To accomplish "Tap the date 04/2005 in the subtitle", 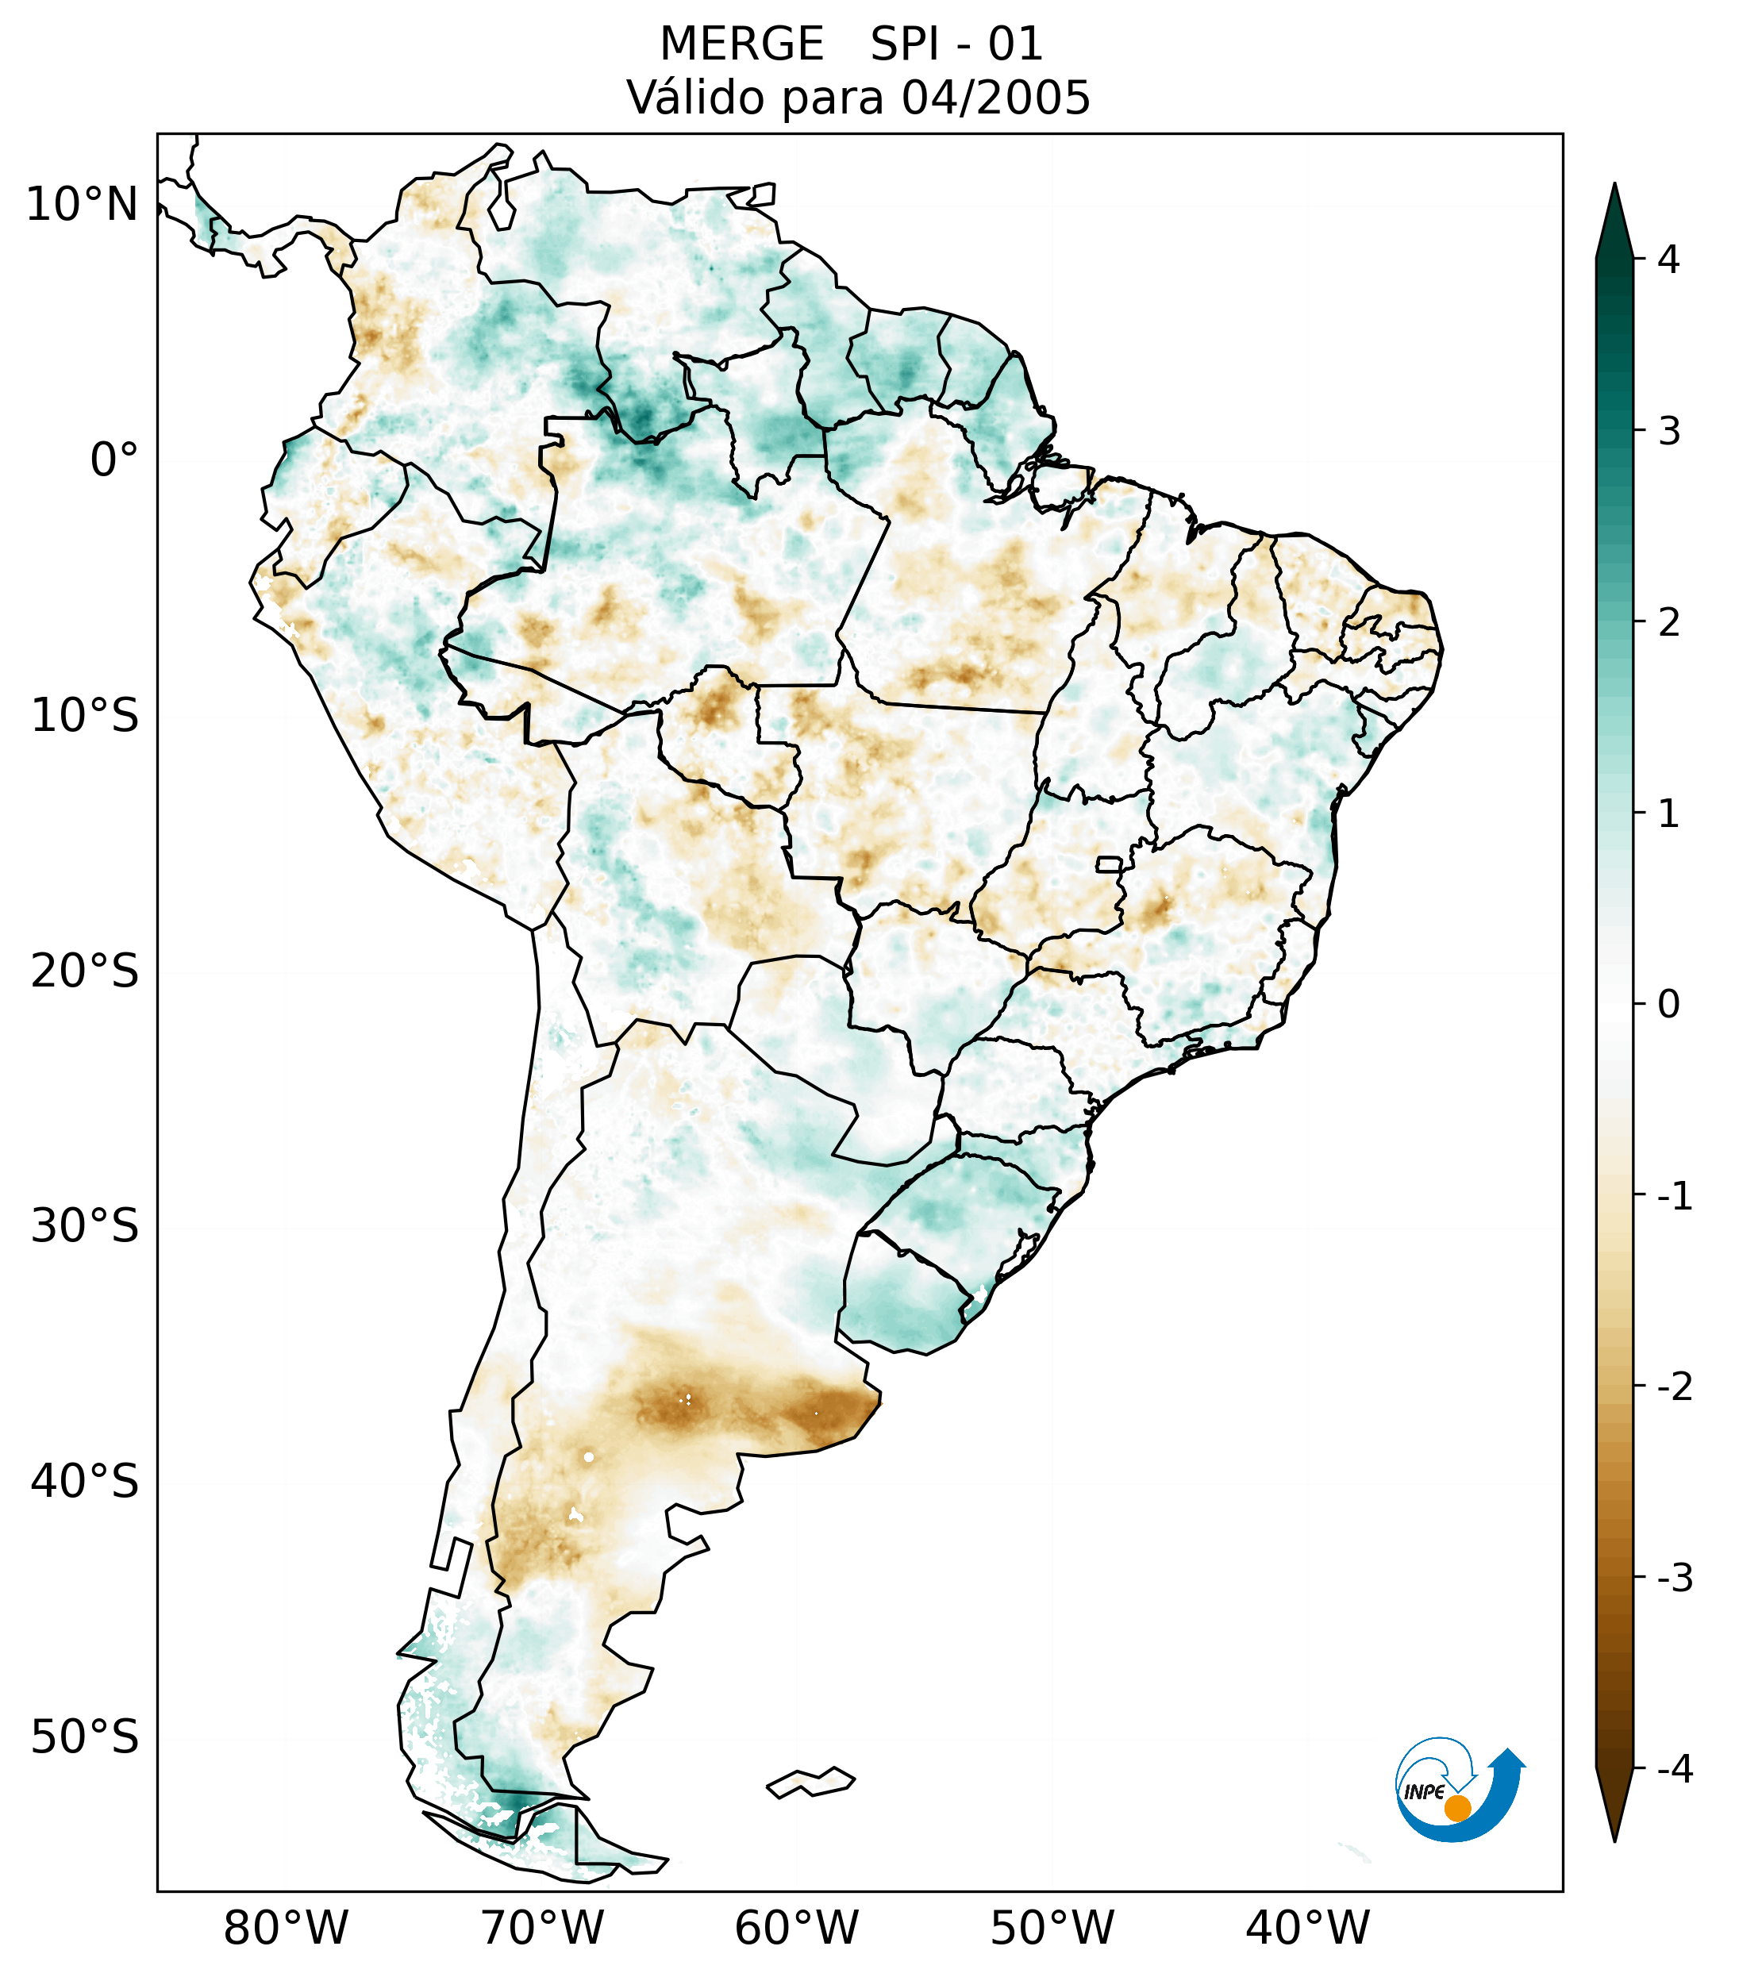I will pyautogui.click(x=995, y=98).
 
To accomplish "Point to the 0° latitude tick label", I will pyautogui.click(x=114, y=460).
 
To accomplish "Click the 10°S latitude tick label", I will pyautogui.click(x=85, y=717).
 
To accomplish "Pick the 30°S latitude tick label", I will pyautogui.click(x=85, y=1226).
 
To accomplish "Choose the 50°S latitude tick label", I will pyautogui.click(x=85, y=1738).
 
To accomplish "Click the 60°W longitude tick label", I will pyautogui.click(x=796, y=1928).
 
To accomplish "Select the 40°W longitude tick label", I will pyautogui.click(x=1308, y=1928).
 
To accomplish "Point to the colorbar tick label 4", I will pyautogui.click(x=1668, y=260).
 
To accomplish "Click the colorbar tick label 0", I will pyautogui.click(x=1668, y=1005).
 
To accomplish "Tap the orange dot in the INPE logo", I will pyautogui.click(x=1456, y=1808).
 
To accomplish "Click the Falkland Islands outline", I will pyautogui.click(x=810, y=1782).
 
